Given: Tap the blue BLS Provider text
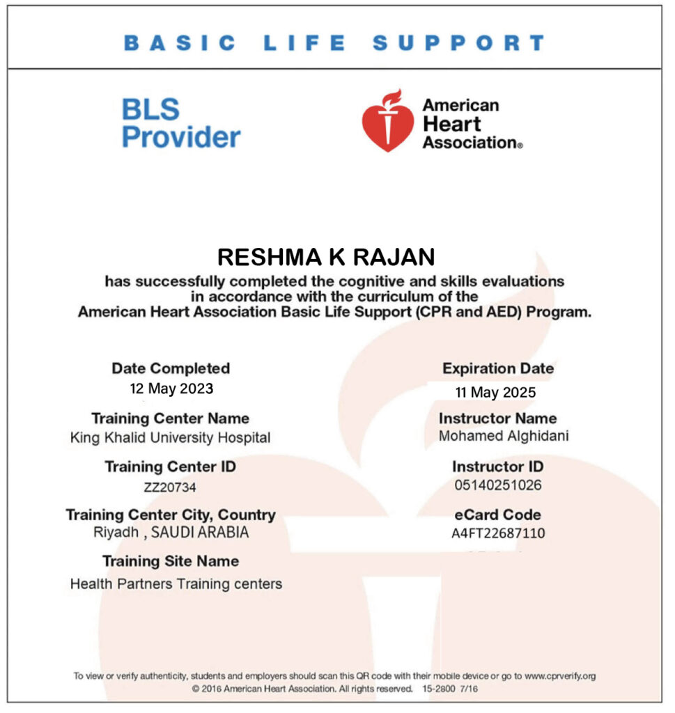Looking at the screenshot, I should point(180,123).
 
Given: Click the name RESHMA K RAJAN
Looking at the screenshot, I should point(326,257).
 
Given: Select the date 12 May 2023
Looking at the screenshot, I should point(171,389).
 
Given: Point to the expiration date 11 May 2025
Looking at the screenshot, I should point(495,393).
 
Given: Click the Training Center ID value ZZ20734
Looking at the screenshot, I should point(170,487).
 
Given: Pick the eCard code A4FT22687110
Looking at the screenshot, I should point(498,534).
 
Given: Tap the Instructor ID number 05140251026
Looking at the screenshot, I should point(497,485).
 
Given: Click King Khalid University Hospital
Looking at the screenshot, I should point(170,438).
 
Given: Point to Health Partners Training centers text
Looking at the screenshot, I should point(176,583).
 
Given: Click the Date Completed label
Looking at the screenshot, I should point(171,368).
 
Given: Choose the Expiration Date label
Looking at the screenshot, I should point(498,369).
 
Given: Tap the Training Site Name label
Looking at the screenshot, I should point(171,561).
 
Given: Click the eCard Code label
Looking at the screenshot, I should point(497,515).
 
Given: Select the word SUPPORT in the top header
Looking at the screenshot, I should point(458,44).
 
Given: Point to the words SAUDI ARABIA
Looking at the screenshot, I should point(200,533).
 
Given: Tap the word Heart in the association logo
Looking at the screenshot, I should point(451,124).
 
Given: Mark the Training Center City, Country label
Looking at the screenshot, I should point(171,515).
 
